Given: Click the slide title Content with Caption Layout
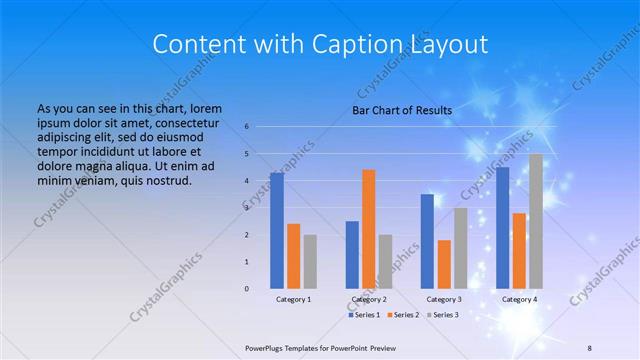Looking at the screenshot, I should pyautogui.click(x=320, y=44).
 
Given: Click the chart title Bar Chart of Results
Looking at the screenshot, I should pyautogui.click(x=401, y=110).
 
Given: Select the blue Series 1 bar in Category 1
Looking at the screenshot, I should pyautogui.click(x=276, y=230).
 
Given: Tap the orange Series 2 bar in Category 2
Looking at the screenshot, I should pyautogui.click(x=368, y=228).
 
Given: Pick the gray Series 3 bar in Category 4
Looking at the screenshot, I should pyautogui.click(x=536, y=221).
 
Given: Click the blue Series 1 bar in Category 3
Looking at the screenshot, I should pyautogui.click(x=427, y=241).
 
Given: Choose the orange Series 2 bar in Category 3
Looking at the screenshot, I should pyautogui.click(x=444, y=264).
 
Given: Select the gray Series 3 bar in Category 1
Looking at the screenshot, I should pyautogui.click(x=310, y=261).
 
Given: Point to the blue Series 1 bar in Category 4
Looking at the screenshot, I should pyautogui.click(x=502, y=227).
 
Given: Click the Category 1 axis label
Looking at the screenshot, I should pyautogui.click(x=293, y=299).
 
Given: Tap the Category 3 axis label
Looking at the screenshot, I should pyautogui.click(x=444, y=299).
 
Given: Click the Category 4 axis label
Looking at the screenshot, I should pyautogui.click(x=519, y=299).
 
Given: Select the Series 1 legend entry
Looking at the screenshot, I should pyautogui.click(x=366, y=315).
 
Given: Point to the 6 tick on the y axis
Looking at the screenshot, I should pyautogui.click(x=246, y=127).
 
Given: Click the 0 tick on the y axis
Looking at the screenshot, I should pyautogui.click(x=246, y=288).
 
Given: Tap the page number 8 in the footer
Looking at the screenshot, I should pyautogui.click(x=590, y=347).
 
